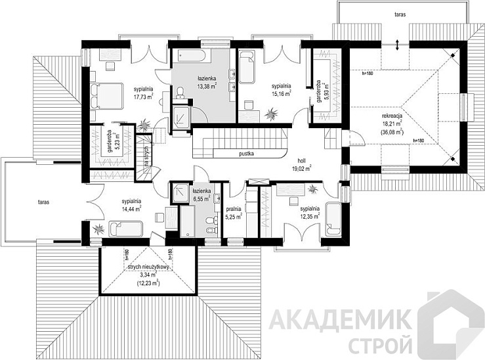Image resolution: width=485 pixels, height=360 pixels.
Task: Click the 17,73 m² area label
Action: coord(142,97)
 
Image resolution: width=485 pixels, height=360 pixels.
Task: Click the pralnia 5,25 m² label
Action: coord(234,213)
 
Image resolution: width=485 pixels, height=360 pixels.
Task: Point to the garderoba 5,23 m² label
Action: coord(108,140)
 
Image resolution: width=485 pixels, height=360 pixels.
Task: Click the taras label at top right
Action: coord(399,12)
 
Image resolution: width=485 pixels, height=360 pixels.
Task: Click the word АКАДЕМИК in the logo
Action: coord(342,320)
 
